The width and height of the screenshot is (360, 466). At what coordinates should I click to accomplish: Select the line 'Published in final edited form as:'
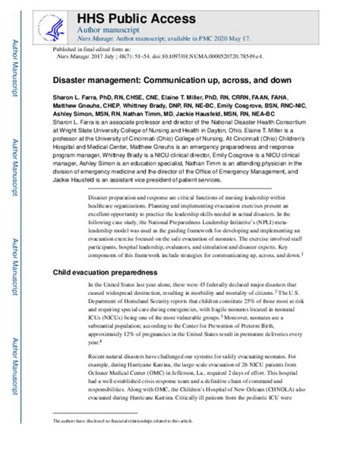[90, 48]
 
